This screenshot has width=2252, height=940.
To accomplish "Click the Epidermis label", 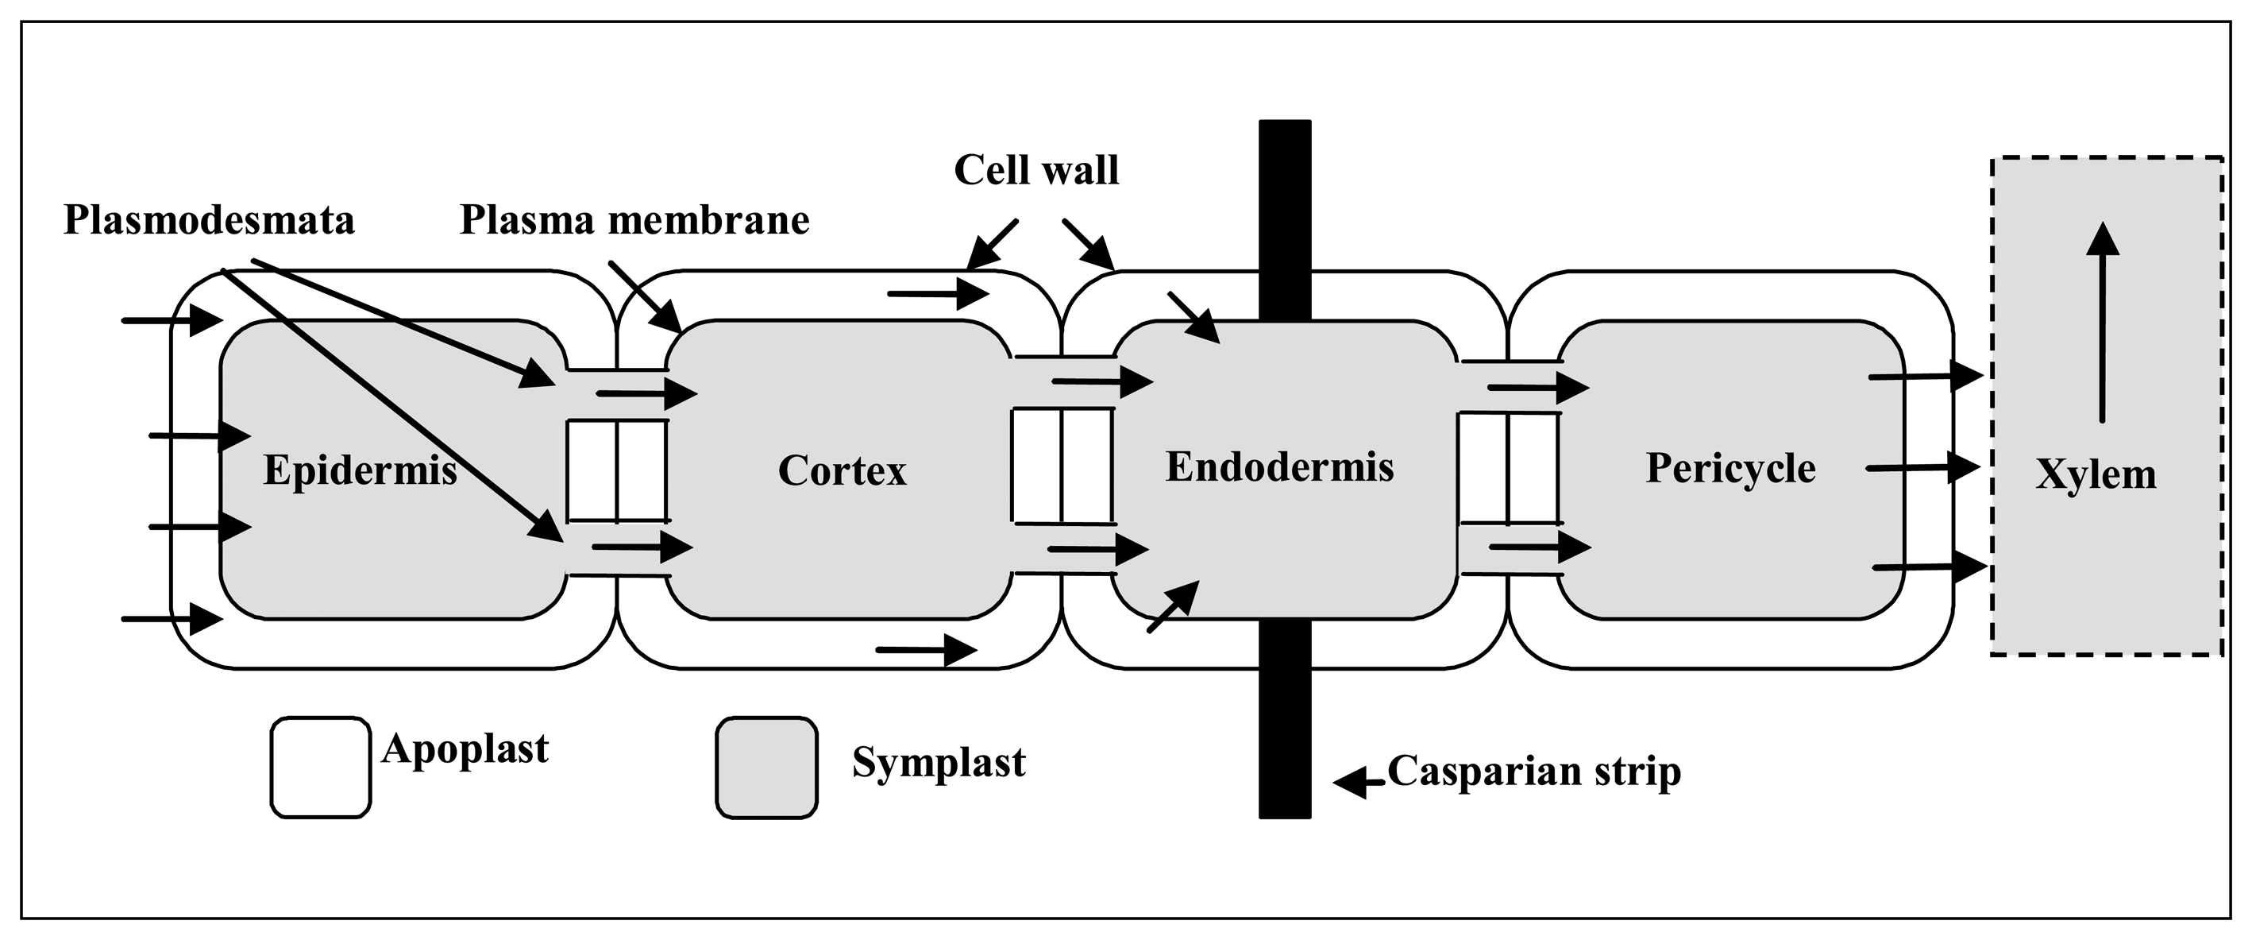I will coord(361,471).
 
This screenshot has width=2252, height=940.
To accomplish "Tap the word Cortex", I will coord(842,471).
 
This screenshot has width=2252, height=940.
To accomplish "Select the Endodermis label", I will coord(1279,468).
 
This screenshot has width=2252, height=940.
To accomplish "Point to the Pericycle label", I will coord(1730,469).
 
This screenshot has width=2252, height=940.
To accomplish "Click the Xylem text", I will coord(2096,475).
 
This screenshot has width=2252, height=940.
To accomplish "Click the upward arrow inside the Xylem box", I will coord(2103,323).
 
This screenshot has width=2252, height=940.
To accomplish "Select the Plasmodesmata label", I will coord(209,220).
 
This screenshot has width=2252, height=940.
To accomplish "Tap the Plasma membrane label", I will coord(634,220).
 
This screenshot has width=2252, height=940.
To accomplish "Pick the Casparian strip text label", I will coord(1534,772).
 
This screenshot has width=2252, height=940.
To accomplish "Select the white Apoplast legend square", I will coord(320,768).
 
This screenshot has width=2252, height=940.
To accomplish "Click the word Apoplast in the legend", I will coord(465,749).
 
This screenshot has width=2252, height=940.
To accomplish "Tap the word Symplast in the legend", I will coord(938,763).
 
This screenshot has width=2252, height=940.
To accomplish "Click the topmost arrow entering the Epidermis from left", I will coord(172,320).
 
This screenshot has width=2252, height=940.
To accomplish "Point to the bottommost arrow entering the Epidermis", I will coord(172,619).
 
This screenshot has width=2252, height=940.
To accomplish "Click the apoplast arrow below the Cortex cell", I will coord(926,650).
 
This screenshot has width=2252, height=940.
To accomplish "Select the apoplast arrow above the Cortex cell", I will coord(938,294).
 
